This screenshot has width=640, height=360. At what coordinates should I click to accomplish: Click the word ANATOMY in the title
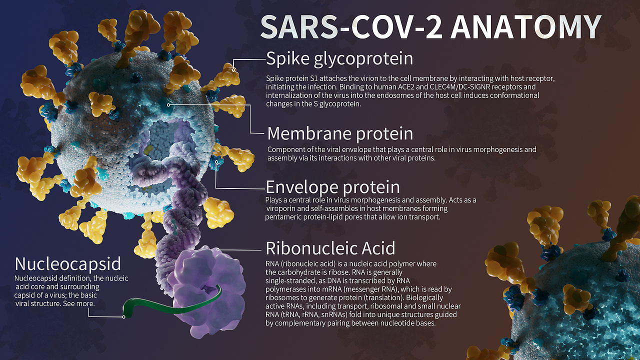point(525,26)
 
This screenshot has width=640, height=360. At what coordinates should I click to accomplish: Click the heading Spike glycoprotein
point(339,58)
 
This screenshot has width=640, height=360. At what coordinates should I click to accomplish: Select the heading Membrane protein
point(340,133)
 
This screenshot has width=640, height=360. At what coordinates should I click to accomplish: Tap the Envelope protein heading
point(332,187)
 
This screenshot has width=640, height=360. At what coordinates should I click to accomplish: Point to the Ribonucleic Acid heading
point(330,247)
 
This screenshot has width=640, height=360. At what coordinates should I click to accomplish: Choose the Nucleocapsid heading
point(67,263)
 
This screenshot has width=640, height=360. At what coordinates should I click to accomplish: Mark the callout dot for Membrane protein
point(169,105)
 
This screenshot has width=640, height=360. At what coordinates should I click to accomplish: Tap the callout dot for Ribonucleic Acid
point(218,249)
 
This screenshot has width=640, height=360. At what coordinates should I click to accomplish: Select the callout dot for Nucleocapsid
point(124,316)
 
